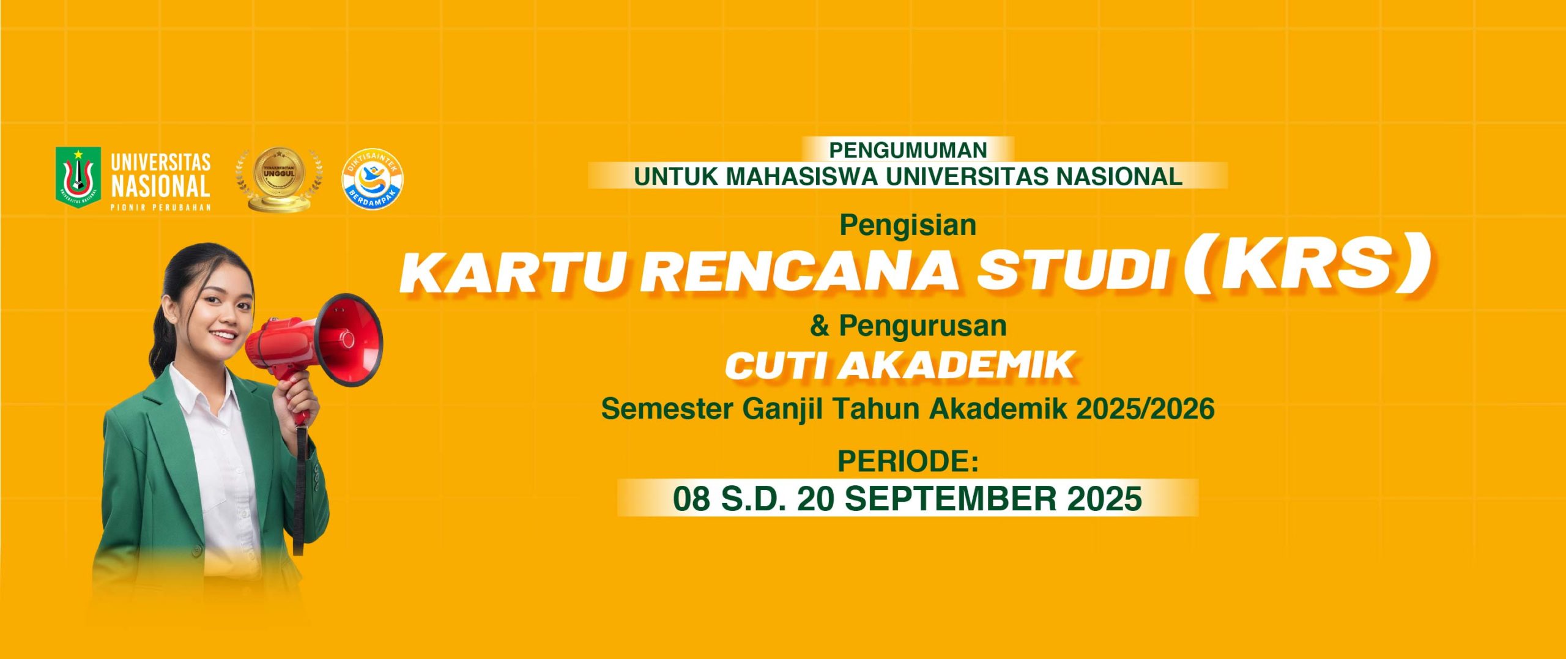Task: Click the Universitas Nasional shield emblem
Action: [x=78, y=177]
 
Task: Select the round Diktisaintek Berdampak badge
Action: [x=372, y=180]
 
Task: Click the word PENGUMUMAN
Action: [x=908, y=151]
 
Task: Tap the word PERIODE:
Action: [x=908, y=461]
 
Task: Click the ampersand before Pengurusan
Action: [x=820, y=326]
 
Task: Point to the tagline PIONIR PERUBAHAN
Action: [x=160, y=207]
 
